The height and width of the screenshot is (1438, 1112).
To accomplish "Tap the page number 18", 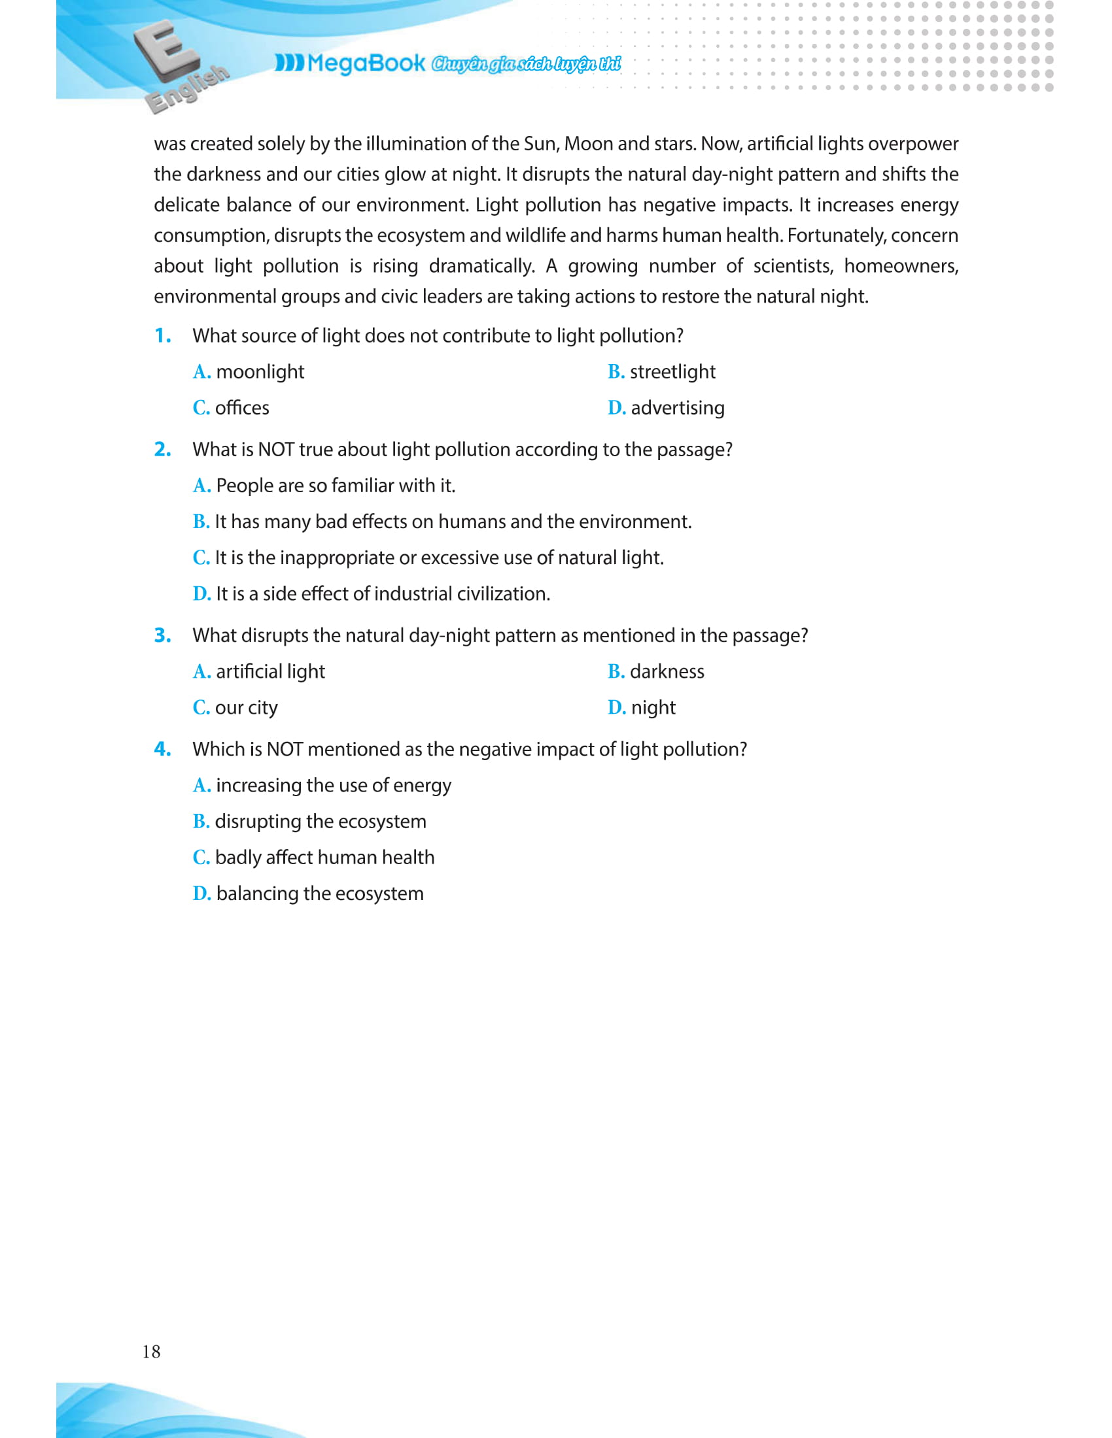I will pyautogui.click(x=152, y=1346).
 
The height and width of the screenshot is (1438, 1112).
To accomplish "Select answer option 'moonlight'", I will pyautogui.click(x=260, y=372).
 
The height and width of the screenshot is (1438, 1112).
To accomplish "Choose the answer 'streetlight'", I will pyautogui.click(x=672, y=372).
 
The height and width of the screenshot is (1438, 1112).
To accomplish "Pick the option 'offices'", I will pyautogui.click(x=242, y=409).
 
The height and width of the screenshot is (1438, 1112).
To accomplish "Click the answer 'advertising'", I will pyautogui.click(x=677, y=409).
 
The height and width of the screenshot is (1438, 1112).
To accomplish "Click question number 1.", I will pyautogui.click(x=163, y=336).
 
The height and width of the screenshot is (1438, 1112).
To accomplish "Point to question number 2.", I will pyautogui.click(x=163, y=450).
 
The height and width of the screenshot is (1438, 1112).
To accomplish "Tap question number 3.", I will pyautogui.click(x=163, y=635).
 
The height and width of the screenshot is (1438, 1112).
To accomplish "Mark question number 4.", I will pyautogui.click(x=163, y=749).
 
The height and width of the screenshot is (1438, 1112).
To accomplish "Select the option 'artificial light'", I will pyautogui.click(x=270, y=671).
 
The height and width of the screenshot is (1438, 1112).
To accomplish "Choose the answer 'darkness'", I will pyautogui.click(x=667, y=671).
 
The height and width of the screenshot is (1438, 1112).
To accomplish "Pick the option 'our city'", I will pyautogui.click(x=246, y=708).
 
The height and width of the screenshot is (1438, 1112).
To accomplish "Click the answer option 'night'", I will pyautogui.click(x=653, y=708).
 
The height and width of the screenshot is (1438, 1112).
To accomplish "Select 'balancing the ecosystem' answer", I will pyautogui.click(x=319, y=894).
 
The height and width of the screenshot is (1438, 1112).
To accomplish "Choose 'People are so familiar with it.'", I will pyautogui.click(x=336, y=486).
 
